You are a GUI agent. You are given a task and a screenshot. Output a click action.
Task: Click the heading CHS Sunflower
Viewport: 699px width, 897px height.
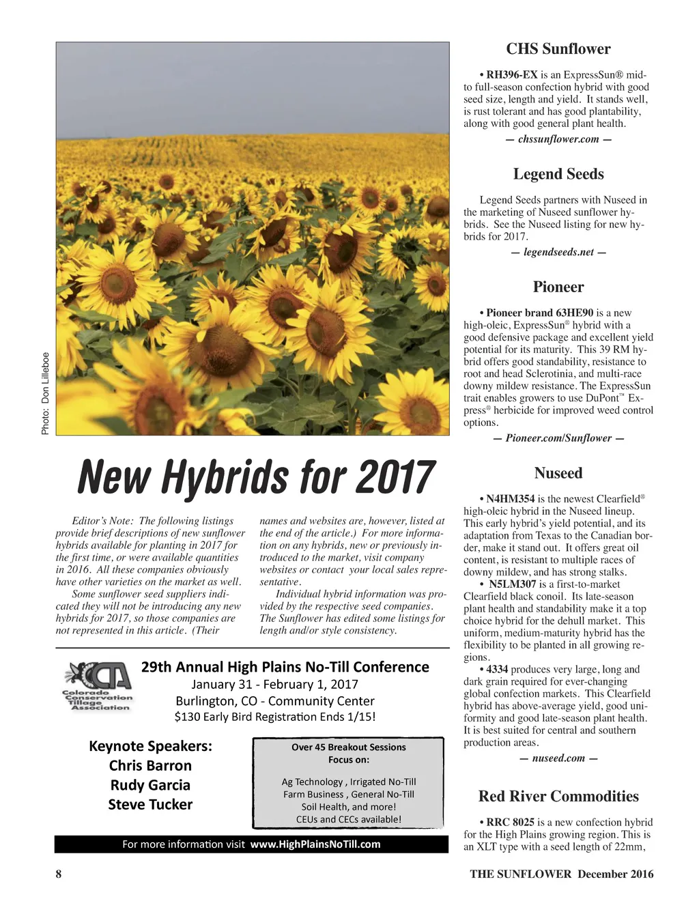[x=558, y=49]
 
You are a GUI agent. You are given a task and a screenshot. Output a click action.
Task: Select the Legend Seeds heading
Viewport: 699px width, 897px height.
[x=558, y=174]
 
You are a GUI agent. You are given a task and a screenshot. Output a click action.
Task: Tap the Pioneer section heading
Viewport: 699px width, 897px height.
[x=558, y=287]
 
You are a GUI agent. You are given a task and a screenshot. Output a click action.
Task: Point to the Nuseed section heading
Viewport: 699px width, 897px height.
[x=558, y=473]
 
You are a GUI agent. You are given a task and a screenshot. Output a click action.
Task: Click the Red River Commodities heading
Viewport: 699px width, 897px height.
[x=558, y=796]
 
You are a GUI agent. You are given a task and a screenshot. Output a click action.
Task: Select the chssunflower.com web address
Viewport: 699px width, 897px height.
[x=558, y=139]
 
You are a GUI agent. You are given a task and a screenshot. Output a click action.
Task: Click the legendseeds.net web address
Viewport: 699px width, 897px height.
[x=558, y=252]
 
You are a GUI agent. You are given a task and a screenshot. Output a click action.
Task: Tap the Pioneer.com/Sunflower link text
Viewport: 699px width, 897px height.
[x=558, y=438]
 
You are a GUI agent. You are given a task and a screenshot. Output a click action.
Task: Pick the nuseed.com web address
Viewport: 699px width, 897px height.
[x=558, y=758]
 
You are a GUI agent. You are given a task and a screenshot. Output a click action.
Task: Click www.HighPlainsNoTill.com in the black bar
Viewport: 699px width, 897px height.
[x=315, y=844]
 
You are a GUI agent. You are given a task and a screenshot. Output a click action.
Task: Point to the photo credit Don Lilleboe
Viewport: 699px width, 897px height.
[x=45, y=393]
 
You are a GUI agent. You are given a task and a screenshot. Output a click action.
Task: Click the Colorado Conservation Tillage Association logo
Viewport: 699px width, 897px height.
[x=98, y=686]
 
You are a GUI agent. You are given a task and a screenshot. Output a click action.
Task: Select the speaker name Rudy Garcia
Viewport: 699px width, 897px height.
[x=150, y=785]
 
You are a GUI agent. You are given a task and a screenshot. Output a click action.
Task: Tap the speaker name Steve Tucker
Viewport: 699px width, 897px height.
[x=150, y=805]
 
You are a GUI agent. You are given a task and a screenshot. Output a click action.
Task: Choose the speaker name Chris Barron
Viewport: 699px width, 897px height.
[x=150, y=765]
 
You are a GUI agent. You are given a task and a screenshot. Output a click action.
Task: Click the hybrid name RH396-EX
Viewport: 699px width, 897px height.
[x=512, y=75]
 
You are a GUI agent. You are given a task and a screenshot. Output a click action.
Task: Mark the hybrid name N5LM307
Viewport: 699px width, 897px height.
[x=512, y=584]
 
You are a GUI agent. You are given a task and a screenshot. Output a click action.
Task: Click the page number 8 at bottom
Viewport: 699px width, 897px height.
[x=59, y=874]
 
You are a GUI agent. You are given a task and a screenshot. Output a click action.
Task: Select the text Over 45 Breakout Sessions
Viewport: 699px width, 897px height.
[x=348, y=747]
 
